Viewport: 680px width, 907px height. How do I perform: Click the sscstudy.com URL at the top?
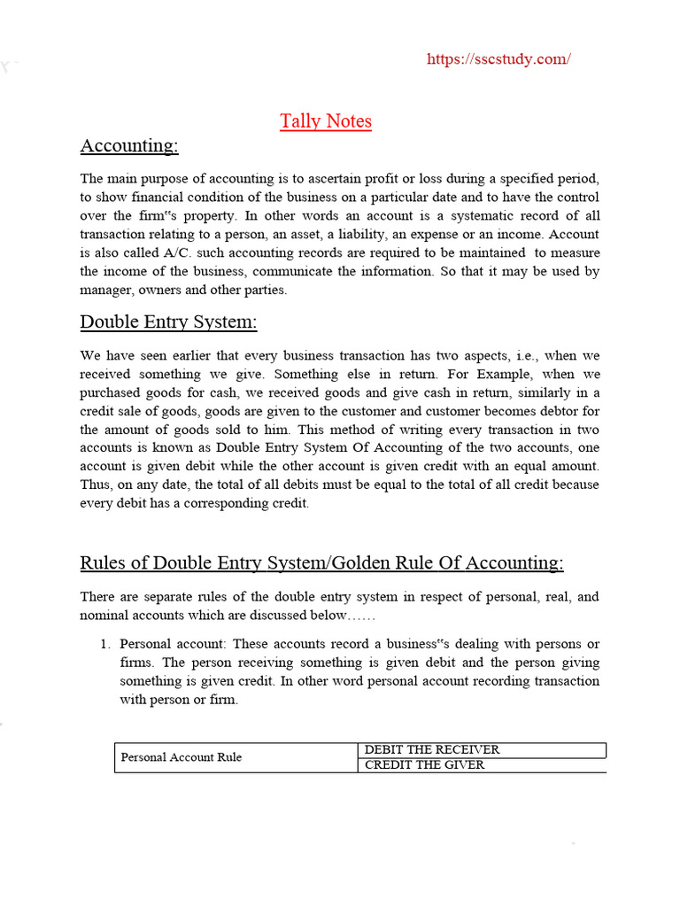pyautogui.click(x=498, y=59)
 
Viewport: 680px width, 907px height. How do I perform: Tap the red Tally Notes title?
pyautogui.click(x=326, y=121)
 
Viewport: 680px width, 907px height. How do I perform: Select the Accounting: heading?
pyautogui.click(x=129, y=145)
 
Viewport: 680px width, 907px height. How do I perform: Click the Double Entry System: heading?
pyautogui.click(x=168, y=322)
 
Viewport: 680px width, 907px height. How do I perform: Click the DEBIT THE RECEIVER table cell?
pyautogui.click(x=432, y=749)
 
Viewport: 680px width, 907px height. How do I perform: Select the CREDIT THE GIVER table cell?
pyautogui.click(x=425, y=764)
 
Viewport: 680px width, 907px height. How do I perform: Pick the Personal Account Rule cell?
pyautogui.click(x=181, y=757)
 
